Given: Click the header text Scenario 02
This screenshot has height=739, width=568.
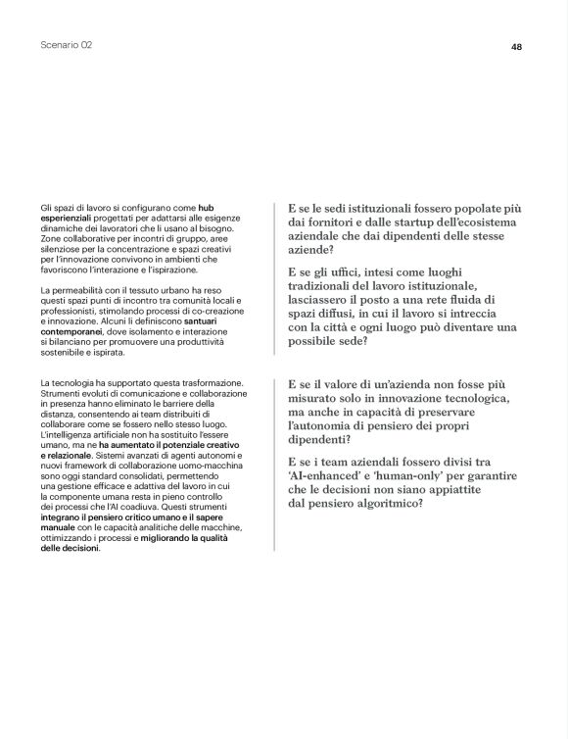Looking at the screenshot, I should click(x=67, y=45).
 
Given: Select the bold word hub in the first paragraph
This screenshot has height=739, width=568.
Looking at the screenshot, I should click(x=207, y=209).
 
